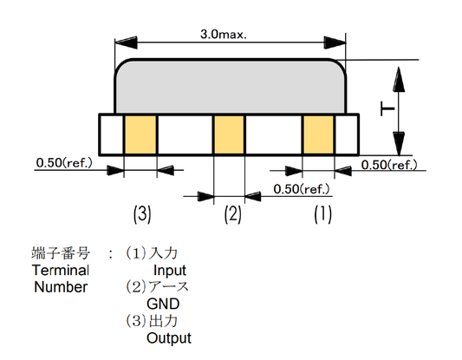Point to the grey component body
[x=230, y=86]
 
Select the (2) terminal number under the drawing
[x=231, y=214]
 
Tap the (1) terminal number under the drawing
[x=321, y=214]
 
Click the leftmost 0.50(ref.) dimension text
[x=65, y=161]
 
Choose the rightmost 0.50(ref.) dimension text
[x=389, y=164]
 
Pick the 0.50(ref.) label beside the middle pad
[x=302, y=188]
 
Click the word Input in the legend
[x=169, y=271]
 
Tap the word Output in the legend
[x=169, y=338]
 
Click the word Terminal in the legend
[x=60, y=271]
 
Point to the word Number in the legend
[x=61, y=287]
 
